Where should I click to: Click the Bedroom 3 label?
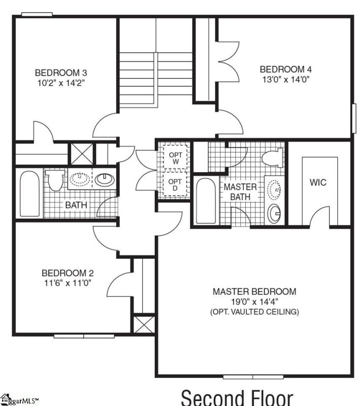click(61, 73)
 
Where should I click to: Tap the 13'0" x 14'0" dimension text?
click(286, 79)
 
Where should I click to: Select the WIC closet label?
click(318, 182)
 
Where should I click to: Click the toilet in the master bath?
click(273, 158)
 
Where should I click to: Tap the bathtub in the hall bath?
click(29, 194)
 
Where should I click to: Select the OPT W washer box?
click(175, 158)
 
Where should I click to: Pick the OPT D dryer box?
click(175, 185)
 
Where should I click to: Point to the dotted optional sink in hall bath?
click(80, 179)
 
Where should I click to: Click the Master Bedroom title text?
click(254, 292)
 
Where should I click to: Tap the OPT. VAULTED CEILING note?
click(255, 312)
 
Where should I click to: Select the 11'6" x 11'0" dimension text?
click(68, 283)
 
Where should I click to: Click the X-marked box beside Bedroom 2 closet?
click(144, 323)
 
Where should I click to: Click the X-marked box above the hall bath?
click(82, 154)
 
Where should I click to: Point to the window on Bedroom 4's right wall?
click(354, 118)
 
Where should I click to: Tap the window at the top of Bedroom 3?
click(37, 15)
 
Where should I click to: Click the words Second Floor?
click(237, 397)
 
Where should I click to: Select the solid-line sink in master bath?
click(274, 214)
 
